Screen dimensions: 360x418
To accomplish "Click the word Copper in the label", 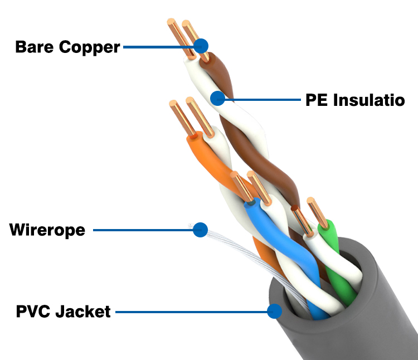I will pos(89,47).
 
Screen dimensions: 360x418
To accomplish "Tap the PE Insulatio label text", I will pos(354,100).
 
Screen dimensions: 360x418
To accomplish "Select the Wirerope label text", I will pos(47,230).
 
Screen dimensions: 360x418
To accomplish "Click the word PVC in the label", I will pos(34,311).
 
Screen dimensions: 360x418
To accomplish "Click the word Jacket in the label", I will pos(83,311).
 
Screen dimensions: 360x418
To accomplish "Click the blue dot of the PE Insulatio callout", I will pos(217,99).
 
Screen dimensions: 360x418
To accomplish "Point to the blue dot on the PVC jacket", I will pos(274,311).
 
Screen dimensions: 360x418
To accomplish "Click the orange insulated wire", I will pos(209,162).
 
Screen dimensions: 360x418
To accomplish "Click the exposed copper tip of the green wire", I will pos(315,212).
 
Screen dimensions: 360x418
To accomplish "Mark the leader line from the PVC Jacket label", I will pos(189,311).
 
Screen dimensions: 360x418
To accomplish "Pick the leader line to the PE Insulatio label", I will pos(262,100).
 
